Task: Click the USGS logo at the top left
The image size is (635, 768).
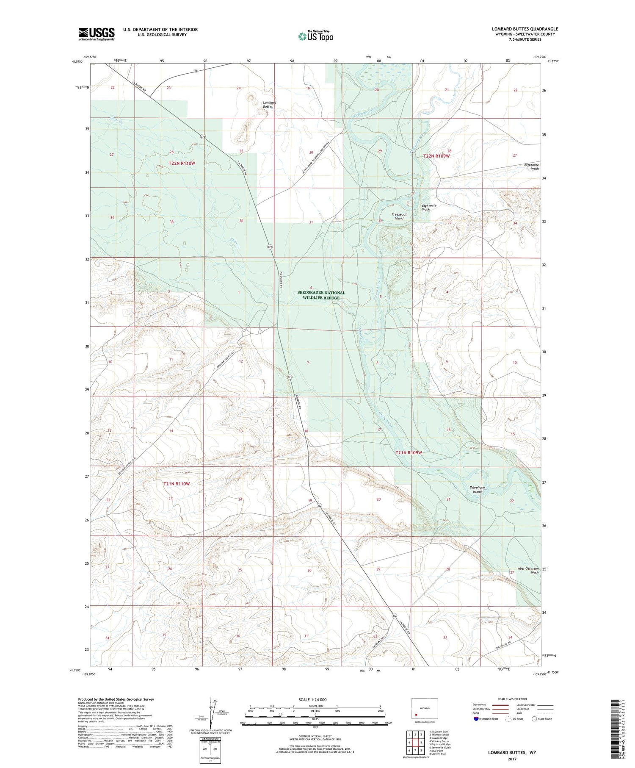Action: (97, 34)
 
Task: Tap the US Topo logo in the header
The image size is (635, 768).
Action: (315, 36)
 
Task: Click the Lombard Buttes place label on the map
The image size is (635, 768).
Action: (269, 104)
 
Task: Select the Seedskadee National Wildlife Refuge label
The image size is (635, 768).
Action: (321, 295)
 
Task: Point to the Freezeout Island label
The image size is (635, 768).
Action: (399, 216)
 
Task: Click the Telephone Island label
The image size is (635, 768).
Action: (477, 490)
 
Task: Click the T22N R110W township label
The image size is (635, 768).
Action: (182, 163)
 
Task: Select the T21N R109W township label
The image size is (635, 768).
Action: (409, 452)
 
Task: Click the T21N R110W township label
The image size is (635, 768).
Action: (177, 483)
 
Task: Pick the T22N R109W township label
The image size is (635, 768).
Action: (436, 156)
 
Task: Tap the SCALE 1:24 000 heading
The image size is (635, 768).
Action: (312, 699)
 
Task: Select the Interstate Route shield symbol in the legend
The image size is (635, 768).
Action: (476, 719)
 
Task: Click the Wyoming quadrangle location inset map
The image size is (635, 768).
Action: (424, 710)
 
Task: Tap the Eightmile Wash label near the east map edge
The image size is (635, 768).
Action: (531, 166)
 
